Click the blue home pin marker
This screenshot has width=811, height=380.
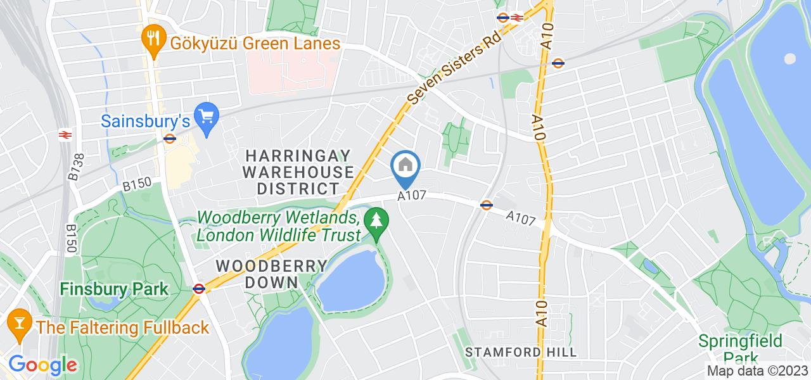click(x=405, y=167)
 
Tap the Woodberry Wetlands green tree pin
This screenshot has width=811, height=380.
click(x=378, y=221)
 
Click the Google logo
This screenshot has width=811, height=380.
click(x=42, y=365)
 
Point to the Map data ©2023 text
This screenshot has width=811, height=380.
click(x=758, y=371)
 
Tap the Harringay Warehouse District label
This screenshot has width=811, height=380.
click(x=299, y=172)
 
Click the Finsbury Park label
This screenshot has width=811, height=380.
click(x=114, y=289)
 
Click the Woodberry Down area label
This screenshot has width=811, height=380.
click(x=257, y=274)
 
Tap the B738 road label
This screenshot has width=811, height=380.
click(x=75, y=169)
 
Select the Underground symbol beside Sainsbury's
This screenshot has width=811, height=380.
click(x=169, y=139)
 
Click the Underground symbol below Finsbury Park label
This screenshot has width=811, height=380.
click(x=199, y=289)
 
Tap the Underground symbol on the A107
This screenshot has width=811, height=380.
click(x=487, y=205)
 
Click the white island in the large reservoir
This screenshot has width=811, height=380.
click(x=789, y=59)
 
